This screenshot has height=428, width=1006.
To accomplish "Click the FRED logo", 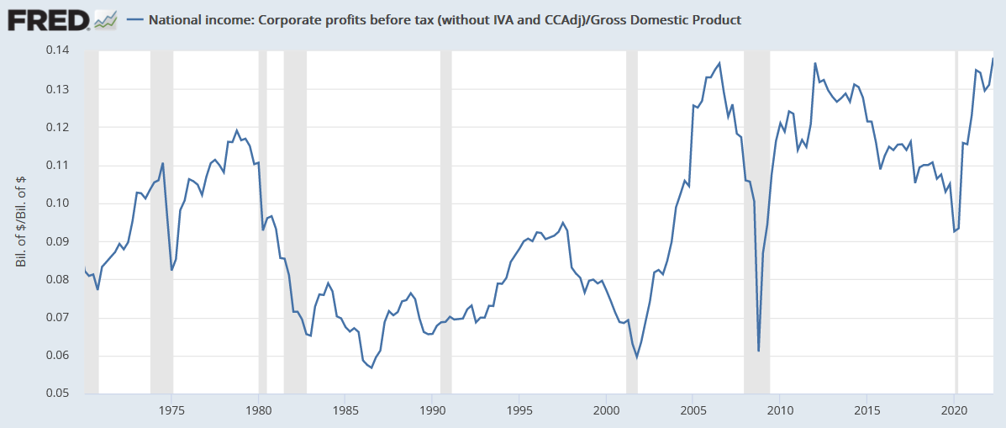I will click(x=47, y=19).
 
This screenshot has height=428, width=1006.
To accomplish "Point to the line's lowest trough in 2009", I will click(x=758, y=351).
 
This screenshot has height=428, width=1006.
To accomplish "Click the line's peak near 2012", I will click(x=815, y=63).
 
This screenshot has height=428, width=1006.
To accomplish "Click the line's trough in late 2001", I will click(x=636, y=357).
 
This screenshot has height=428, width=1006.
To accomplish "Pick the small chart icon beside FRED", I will click(x=105, y=19).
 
